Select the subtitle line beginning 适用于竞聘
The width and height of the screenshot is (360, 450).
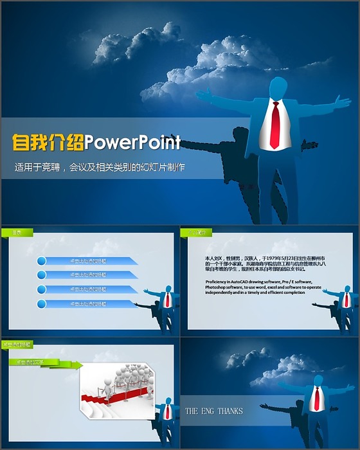[x=100, y=168]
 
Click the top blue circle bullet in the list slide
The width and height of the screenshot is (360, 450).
[x=42, y=261]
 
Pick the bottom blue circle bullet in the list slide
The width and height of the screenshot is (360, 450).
[x=42, y=303]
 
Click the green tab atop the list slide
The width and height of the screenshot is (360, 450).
[x=17, y=232]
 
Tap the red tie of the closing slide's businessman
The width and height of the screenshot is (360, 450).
[x=316, y=399]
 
